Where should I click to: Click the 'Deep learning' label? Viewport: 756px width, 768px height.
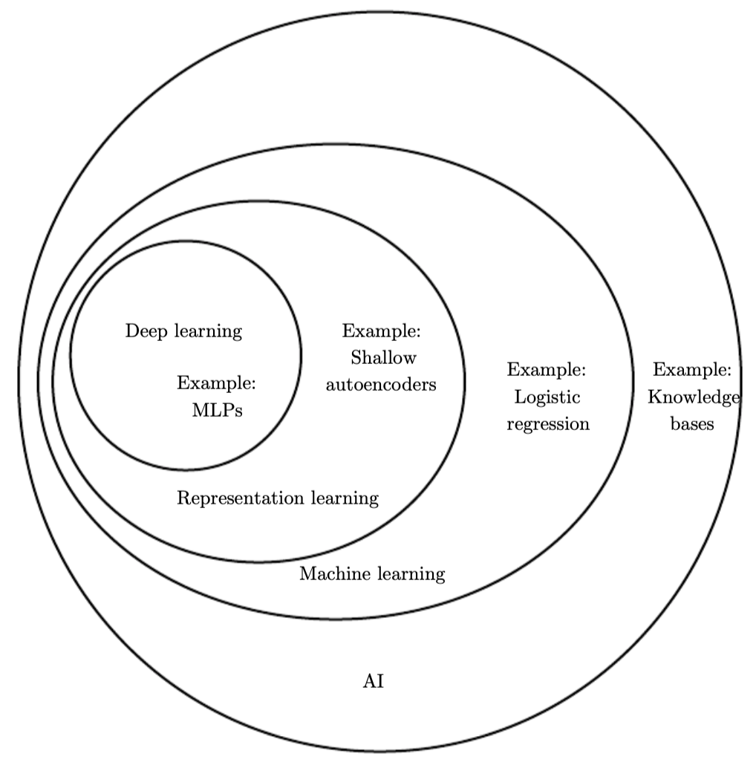coord(183,331)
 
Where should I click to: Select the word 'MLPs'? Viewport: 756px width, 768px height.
coord(217,411)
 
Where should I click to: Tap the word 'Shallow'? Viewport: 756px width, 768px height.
coord(382,358)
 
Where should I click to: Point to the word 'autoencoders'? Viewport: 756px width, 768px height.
coord(381,385)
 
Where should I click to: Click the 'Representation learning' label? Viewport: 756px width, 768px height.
coord(278,498)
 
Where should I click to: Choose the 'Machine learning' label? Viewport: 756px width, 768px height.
coord(372,574)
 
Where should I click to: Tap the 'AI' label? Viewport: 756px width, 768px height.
coord(373,682)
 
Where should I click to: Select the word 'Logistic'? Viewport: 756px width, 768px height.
coord(547,397)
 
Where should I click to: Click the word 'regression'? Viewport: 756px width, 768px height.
coord(548,425)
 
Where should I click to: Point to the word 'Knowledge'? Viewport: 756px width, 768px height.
coord(694,397)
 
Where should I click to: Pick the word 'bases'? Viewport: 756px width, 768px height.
coord(691,425)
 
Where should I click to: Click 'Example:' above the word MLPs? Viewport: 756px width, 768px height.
coord(216,384)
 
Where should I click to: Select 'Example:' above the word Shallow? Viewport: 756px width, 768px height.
coord(381,331)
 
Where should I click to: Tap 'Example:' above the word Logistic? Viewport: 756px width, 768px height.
coord(547,369)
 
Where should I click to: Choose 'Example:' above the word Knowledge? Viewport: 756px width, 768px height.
coord(692,369)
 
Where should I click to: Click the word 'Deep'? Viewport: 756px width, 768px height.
coord(144,331)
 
